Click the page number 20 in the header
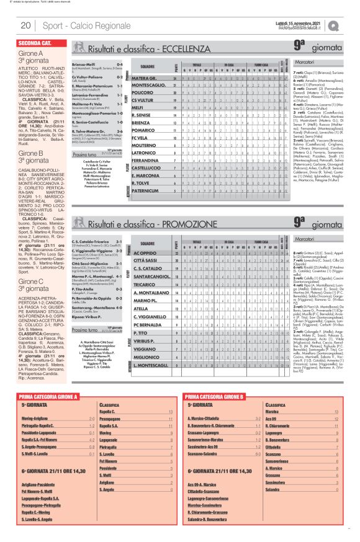[27, 26]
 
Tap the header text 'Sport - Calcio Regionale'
[78, 26]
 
